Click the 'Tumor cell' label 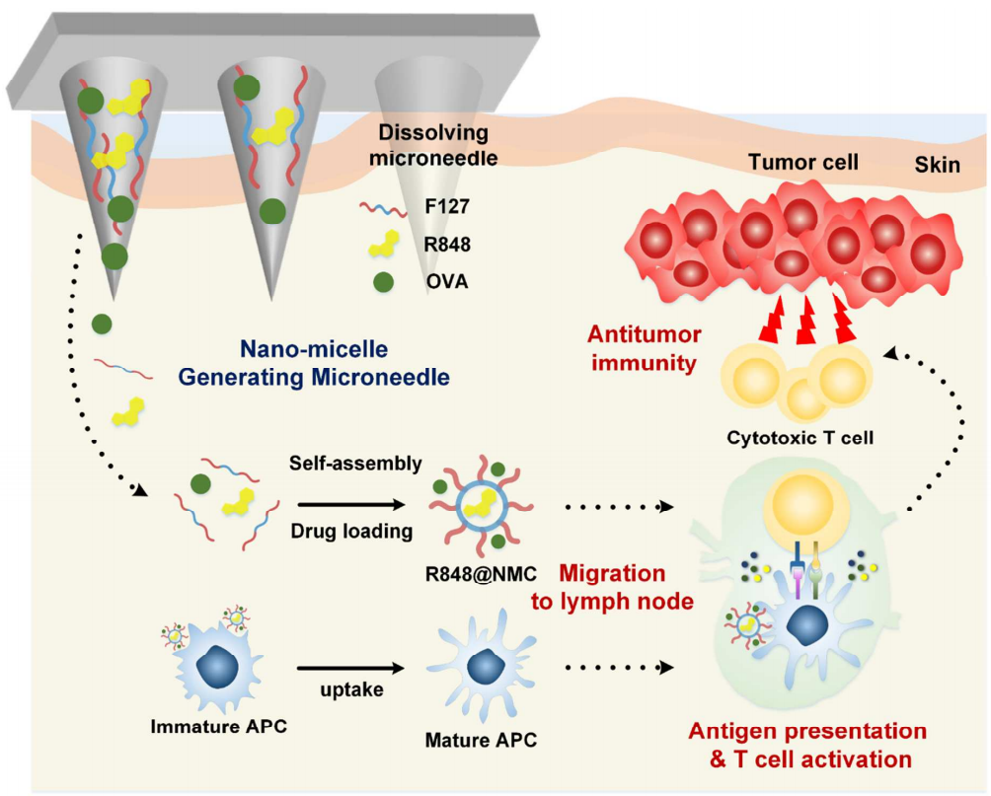pos(799,161)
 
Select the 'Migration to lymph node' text pos(611,588)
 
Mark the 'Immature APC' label pos(210,730)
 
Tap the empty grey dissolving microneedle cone pos(415,158)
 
